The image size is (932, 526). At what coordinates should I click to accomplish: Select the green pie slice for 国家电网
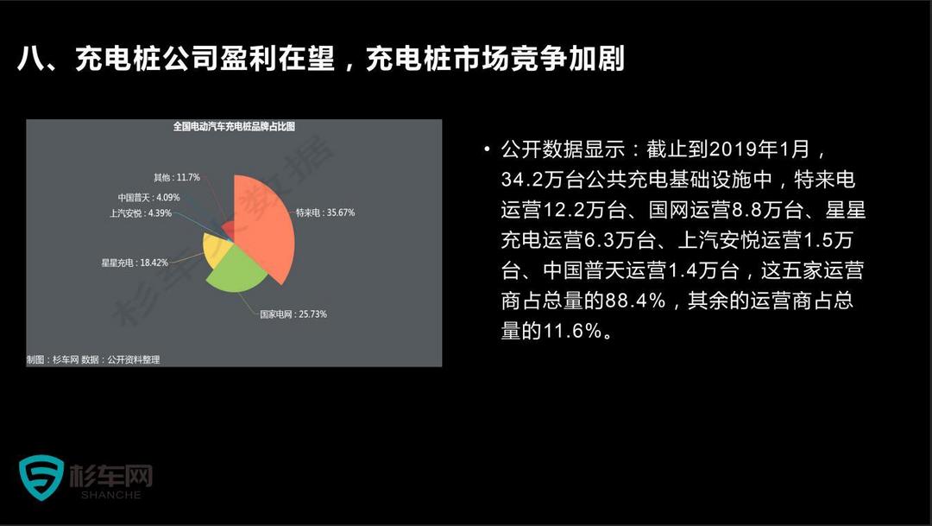(235, 270)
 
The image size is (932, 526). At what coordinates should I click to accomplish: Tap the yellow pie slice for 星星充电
(215, 249)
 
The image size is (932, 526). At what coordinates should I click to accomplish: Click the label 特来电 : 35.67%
(325, 212)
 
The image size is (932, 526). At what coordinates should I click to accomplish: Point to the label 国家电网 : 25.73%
(293, 314)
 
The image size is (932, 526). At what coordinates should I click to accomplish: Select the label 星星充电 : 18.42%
(135, 263)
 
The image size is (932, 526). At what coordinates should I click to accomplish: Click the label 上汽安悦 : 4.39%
(141, 213)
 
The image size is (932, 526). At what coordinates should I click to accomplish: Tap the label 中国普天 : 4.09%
(148, 198)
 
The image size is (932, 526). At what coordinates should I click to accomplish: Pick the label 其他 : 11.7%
(177, 177)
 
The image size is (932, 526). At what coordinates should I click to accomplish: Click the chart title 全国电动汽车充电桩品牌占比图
(234, 126)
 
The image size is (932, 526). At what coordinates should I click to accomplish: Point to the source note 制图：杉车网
(53, 359)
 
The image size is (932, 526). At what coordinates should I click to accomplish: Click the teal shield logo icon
(41, 478)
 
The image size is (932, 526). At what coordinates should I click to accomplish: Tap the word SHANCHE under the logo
(111, 495)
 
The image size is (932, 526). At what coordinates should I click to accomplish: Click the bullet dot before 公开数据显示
(488, 149)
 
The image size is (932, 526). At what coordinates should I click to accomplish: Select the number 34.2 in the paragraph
(520, 180)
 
